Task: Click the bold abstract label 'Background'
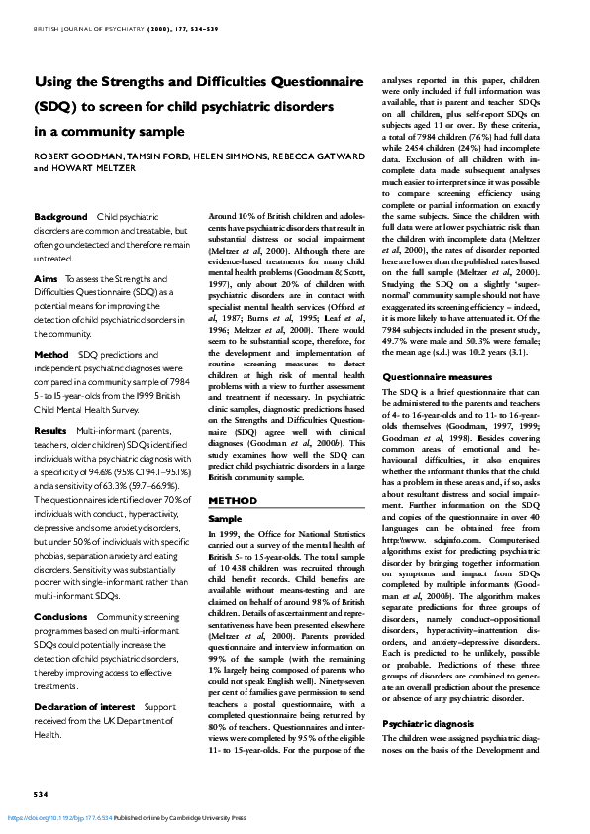pyautogui.click(x=60, y=216)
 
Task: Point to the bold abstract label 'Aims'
pyautogui.click(x=46, y=280)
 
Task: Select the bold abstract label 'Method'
pyautogui.click(x=51, y=354)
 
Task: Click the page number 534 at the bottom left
pyautogui.click(x=41, y=795)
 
